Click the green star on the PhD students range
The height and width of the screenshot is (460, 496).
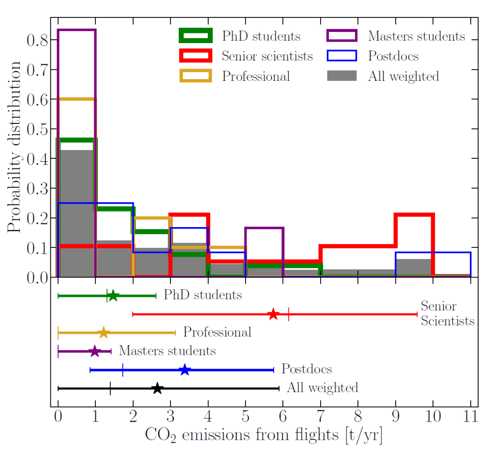[113, 295]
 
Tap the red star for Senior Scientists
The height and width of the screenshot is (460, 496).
[273, 314]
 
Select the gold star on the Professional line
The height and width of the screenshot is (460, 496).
[103, 333]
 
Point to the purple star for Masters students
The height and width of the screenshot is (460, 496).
[95, 351]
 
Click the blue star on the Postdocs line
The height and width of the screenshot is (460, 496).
[185, 370]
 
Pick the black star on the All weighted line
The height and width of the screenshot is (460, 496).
[157, 388]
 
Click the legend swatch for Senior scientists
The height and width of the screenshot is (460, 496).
[195, 56]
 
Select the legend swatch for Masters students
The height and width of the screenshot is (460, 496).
[341, 36]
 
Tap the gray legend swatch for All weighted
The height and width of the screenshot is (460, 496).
[341, 76]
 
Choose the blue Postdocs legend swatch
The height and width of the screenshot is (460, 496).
[341, 56]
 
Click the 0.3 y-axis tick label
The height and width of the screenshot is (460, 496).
[37, 188]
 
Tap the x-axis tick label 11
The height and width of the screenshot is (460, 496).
[470, 416]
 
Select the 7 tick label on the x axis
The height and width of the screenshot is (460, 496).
[320, 416]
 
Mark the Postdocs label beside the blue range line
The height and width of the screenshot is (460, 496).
[307, 369]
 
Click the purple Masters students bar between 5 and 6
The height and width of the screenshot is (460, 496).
[264, 252]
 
